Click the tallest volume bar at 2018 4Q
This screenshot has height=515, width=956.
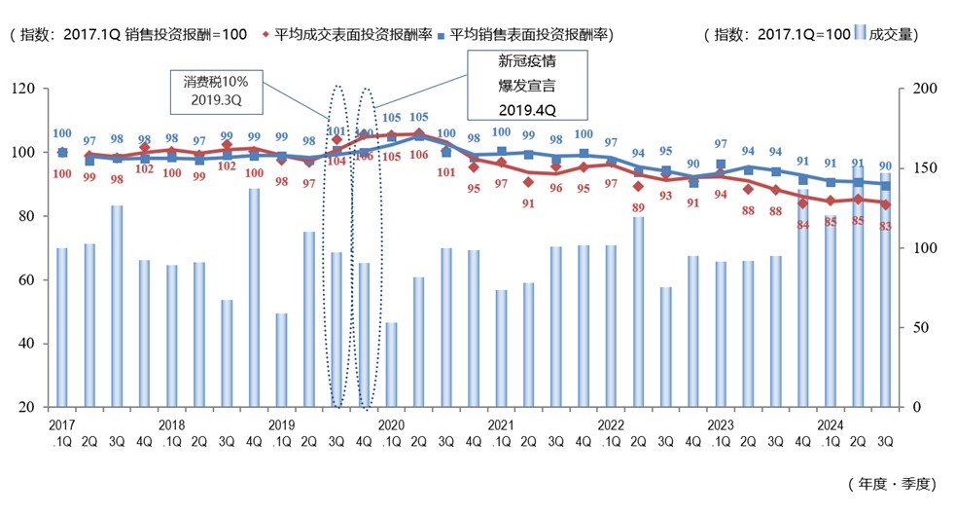[x=254, y=297]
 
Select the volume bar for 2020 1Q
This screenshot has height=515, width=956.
[x=391, y=364]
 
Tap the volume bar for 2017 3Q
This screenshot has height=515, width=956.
[x=117, y=306]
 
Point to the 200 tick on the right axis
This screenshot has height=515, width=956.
[x=928, y=89]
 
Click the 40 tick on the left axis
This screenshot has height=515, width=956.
[x=26, y=344]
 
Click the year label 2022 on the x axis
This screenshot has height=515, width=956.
[x=610, y=425]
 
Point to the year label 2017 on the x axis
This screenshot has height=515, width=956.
[x=61, y=425]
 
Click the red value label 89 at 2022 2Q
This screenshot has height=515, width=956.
[x=638, y=207]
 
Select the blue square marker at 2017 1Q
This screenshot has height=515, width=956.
[x=62, y=152]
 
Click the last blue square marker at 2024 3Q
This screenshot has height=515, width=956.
[x=886, y=185]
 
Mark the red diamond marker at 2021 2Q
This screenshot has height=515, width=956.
[x=528, y=182]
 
